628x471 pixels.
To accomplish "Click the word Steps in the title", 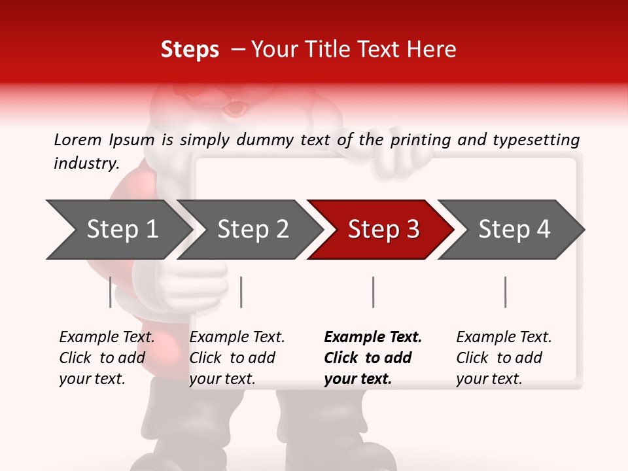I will pyautogui.click(x=190, y=50).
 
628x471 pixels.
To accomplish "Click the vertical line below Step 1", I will pyautogui.click(x=111, y=292).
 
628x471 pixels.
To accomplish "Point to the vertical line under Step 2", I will pyautogui.click(x=241, y=292).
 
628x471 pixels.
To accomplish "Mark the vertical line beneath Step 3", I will pyautogui.click(x=373, y=292).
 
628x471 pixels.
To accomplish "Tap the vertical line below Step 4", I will pyautogui.click(x=505, y=292).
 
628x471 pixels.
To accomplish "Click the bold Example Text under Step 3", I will pyautogui.click(x=373, y=358).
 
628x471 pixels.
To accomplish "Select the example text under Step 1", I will pyautogui.click(x=107, y=358).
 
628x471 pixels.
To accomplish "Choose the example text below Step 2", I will pyautogui.click(x=237, y=358).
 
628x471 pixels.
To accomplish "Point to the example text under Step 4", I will pyautogui.click(x=504, y=358).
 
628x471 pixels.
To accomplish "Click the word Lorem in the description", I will pyautogui.click(x=78, y=139).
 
